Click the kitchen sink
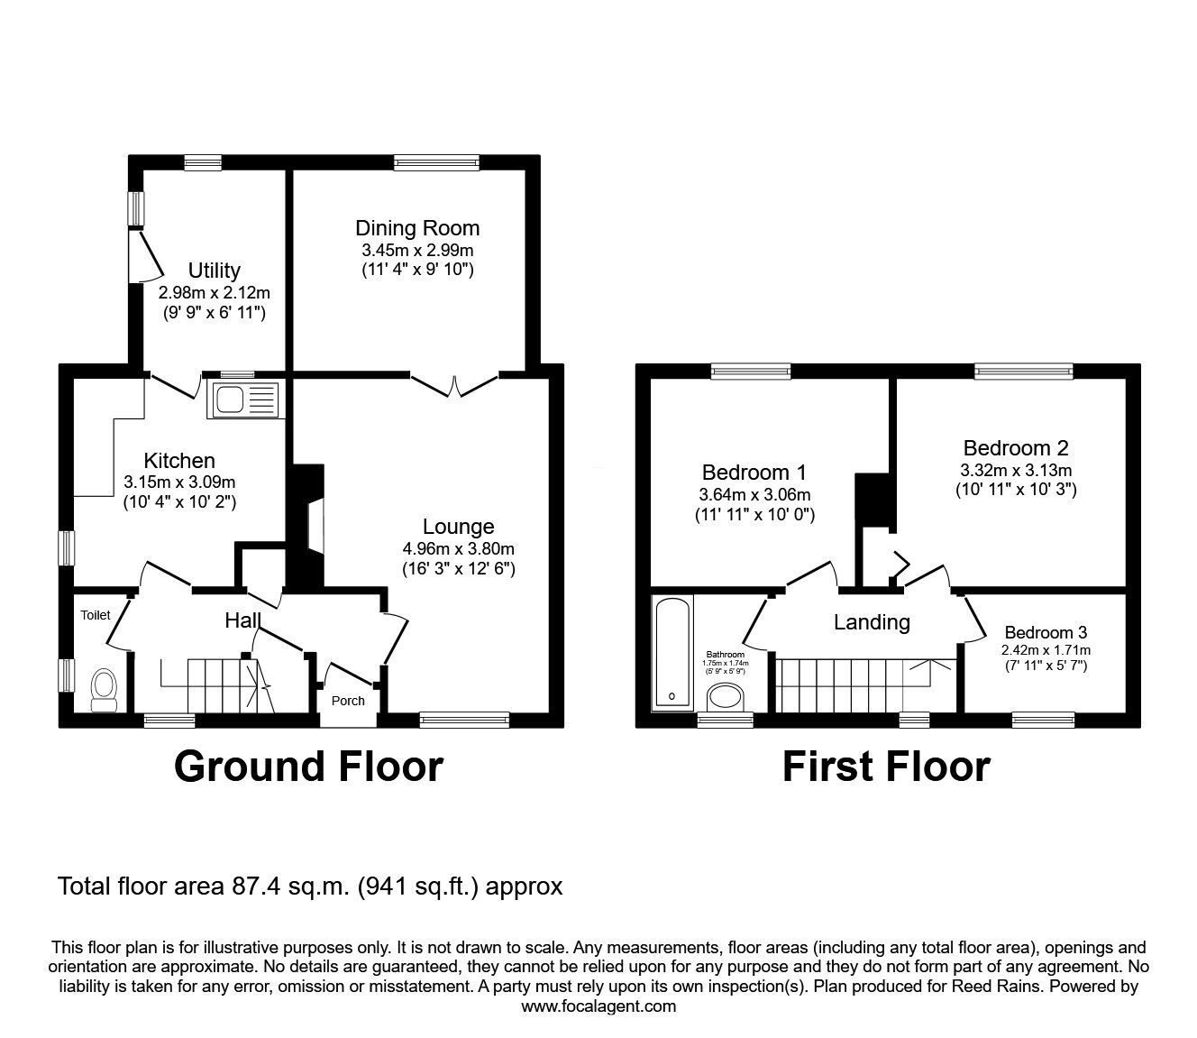click(x=246, y=400)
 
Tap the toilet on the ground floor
click(x=105, y=690)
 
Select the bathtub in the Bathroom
click(x=672, y=653)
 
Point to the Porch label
click(x=348, y=701)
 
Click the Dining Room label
click(x=417, y=228)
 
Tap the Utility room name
click(x=215, y=270)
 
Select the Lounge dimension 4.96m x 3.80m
click(x=459, y=548)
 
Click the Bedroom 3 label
click(x=1046, y=632)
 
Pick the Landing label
click(x=873, y=622)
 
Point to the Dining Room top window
click(x=436, y=162)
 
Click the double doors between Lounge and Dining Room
click(x=454, y=385)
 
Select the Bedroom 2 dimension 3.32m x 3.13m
click(x=1016, y=470)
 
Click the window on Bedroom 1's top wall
click(x=751, y=371)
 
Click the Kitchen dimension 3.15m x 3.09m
click(x=179, y=482)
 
